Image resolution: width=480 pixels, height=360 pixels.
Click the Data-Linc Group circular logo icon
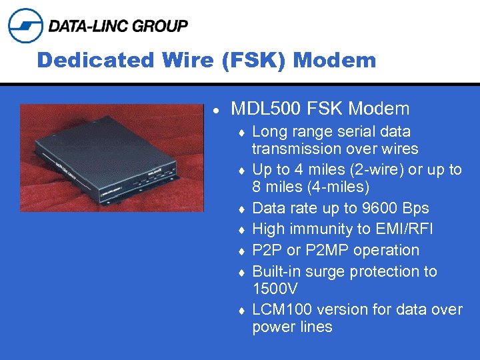tap(25, 25)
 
